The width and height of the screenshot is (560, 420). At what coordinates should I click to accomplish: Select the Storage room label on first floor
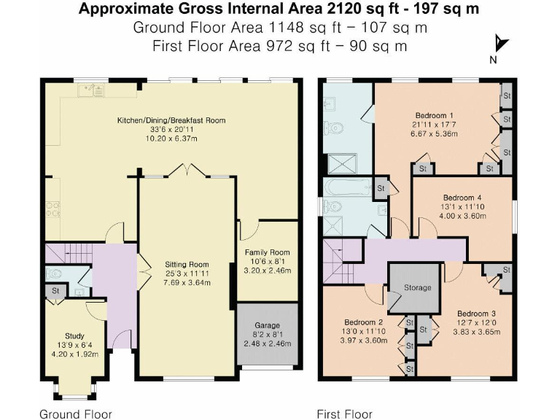pos(418,287)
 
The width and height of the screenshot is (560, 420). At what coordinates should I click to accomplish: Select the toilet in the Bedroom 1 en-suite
pos(335,128)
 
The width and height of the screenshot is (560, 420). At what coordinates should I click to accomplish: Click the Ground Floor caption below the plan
pos(75,414)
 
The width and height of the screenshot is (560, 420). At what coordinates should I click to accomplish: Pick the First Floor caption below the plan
pos(344,414)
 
